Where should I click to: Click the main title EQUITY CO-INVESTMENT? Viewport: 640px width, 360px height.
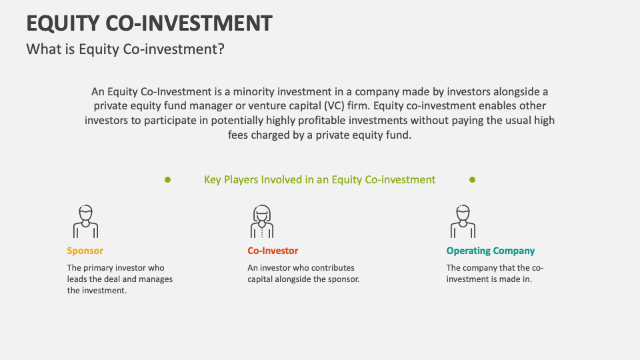tap(149, 23)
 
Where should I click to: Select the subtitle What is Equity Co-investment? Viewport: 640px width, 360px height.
tap(125, 49)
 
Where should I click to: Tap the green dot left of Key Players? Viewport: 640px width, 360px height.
tap(167, 179)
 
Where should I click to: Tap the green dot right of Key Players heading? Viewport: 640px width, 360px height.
tap(472, 179)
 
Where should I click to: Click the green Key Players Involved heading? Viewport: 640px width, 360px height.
tap(319, 179)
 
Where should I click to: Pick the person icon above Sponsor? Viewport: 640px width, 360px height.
tap(85, 221)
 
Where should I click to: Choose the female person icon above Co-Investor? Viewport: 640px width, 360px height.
tap(262, 221)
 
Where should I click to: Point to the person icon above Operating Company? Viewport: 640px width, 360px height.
tap(463, 221)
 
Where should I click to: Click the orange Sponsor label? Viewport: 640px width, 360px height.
tap(85, 251)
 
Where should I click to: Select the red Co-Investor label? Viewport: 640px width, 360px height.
tap(273, 251)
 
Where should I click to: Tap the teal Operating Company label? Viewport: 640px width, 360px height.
tap(490, 251)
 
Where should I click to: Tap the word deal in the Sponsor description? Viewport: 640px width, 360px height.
tap(108, 279)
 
